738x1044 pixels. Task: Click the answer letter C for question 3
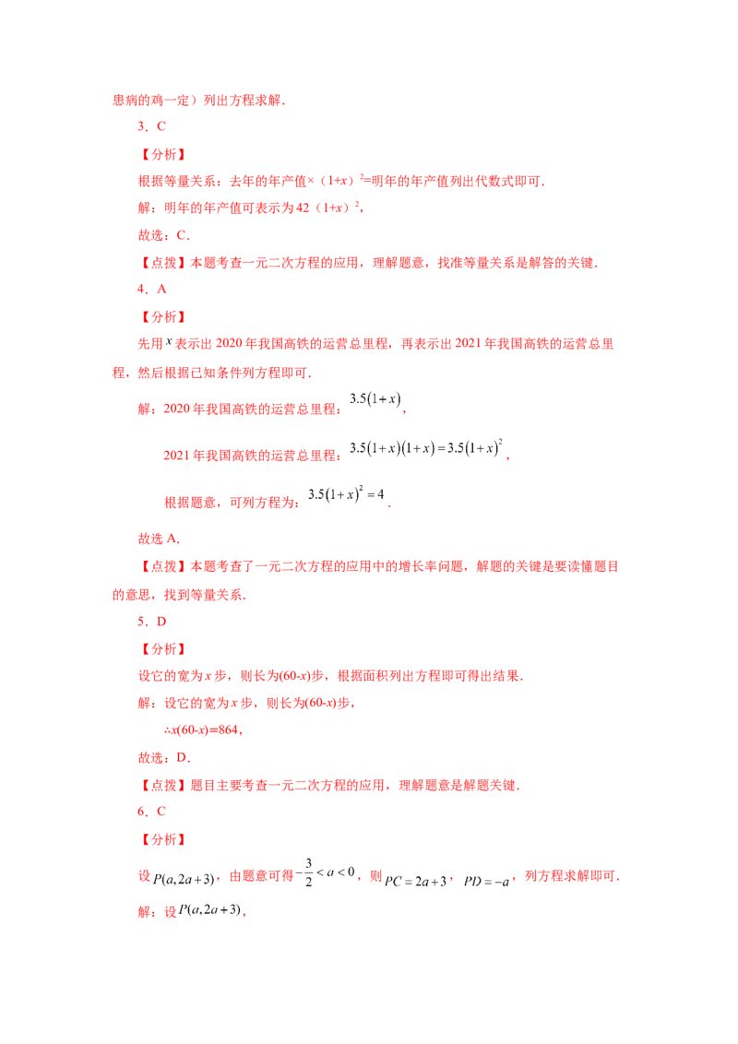pyautogui.click(x=161, y=126)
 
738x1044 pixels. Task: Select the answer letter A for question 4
pyautogui.click(x=161, y=289)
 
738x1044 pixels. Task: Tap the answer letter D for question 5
pyautogui.click(x=161, y=622)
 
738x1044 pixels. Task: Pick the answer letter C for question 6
pyautogui.click(x=161, y=811)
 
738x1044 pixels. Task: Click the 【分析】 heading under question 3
pyautogui.click(x=163, y=154)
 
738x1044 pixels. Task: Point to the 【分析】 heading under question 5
pyautogui.click(x=163, y=649)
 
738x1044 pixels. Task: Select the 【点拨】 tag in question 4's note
pyautogui.click(x=163, y=566)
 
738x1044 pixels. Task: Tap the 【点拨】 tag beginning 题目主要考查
pyautogui.click(x=163, y=786)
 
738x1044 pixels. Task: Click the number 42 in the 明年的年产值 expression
pyautogui.click(x=303, y=208)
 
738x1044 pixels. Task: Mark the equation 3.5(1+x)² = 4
pyautogui.click(x=346, y=494)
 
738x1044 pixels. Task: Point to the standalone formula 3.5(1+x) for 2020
pyautogui.click(x=375, y=399)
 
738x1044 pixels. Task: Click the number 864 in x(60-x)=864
pyautogui.click(x=228, y=730)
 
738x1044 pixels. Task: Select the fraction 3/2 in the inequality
pyautogui.click(x=308, y=872)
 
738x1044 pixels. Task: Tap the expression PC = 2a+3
pyautogui.click(x=416, y=882)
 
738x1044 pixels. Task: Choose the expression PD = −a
pyautogui.click(x=486, y=882)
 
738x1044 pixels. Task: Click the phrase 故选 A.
pyautogui.click(x=159, y=539)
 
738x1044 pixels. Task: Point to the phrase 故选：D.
pyautogui.click(x=164, y=758)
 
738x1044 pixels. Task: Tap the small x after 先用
pyautogui.click(x=169, y=341)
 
